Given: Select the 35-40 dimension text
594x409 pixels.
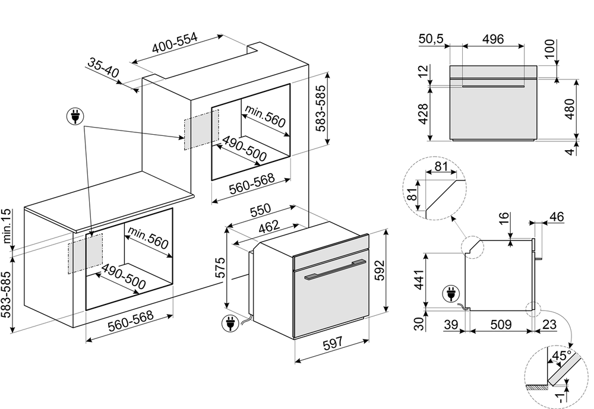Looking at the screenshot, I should [x=104, y=68].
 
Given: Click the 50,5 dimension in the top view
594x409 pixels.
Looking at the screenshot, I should [x=431, y=39].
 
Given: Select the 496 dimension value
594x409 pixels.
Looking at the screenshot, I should [x=493, y=39].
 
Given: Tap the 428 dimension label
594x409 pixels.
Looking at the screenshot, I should [x=423, y=112].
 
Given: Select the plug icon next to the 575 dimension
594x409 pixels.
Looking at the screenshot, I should [x=228, y=323].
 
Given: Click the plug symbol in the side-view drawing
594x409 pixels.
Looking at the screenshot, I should [x=450, y=294].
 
